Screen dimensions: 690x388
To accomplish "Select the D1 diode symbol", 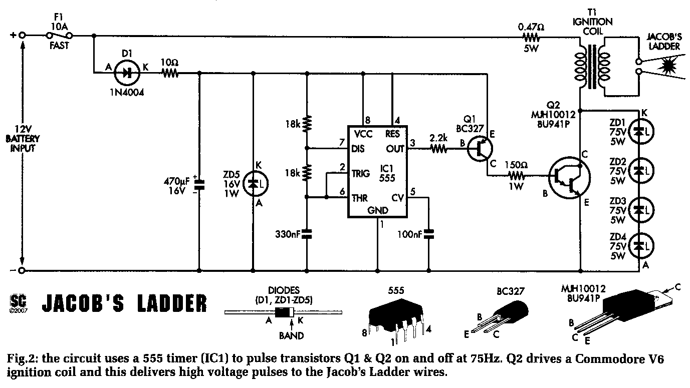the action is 127,73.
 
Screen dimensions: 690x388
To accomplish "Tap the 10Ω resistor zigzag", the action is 170,73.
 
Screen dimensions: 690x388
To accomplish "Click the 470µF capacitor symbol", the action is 199,185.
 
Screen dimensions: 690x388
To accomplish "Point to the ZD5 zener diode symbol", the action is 256,184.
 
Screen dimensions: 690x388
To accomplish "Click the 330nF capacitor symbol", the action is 307,234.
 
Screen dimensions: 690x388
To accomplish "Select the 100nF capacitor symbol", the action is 428,234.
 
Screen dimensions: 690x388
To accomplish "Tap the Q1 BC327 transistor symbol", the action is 480,149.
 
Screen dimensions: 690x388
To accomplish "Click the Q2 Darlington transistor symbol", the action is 569,178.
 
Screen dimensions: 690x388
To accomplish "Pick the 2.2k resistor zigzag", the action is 438,149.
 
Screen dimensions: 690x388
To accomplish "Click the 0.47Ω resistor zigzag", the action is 531,38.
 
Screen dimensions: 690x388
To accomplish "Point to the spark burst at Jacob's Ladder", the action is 665,66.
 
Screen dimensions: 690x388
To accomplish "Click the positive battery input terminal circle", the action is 22,36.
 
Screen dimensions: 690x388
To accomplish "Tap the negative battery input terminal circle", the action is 21,271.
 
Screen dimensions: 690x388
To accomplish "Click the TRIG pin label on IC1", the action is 360,174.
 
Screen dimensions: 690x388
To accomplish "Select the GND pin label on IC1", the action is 378,210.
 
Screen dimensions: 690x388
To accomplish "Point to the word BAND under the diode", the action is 292,335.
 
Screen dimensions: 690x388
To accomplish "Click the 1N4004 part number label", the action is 127,92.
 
